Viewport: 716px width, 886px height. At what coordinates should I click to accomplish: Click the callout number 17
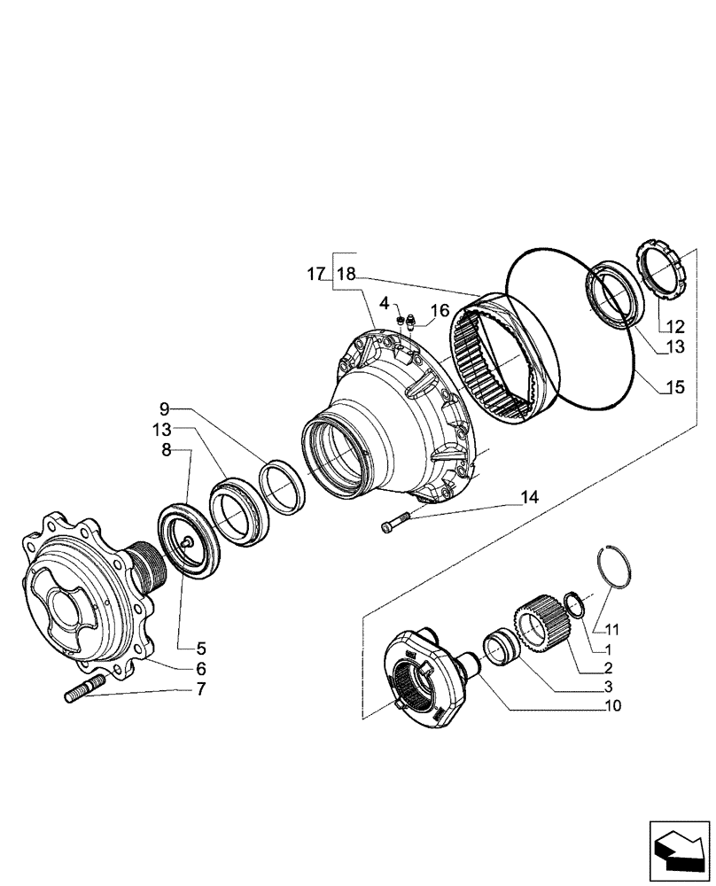[x=317, y=276]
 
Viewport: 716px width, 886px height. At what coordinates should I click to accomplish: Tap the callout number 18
[x=346, y=276]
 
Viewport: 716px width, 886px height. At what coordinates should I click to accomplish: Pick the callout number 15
[x=675, y=388]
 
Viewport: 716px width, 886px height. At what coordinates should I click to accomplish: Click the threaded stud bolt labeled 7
[x=85, y=688]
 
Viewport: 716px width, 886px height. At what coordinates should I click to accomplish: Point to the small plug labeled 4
[x=401, y=318]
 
